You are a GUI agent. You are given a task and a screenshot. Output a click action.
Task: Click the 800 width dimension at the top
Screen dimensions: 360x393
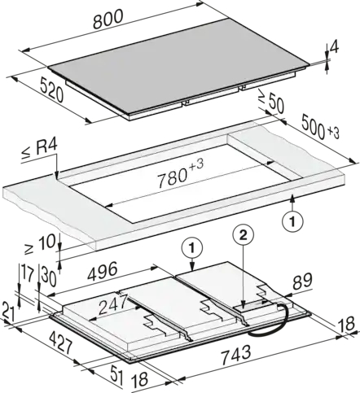(x=108, y=19)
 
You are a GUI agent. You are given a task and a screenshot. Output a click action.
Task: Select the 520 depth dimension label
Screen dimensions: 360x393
(x=51, y=90)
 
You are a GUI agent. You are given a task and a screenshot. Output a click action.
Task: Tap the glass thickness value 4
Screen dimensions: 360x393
(x=335, y=48)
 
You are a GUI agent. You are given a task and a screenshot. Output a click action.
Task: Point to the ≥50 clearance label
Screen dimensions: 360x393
(x=271, y=101)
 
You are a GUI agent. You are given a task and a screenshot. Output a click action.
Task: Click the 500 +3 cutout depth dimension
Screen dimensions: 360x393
(x=320, y=129)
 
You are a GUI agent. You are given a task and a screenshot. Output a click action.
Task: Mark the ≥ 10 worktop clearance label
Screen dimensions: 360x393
(x=40, y=244)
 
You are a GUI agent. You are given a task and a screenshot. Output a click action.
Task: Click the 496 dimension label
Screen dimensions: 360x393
(x=103, y=271)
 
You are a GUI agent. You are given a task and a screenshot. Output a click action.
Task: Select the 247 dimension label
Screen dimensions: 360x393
(x=113, y=304)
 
